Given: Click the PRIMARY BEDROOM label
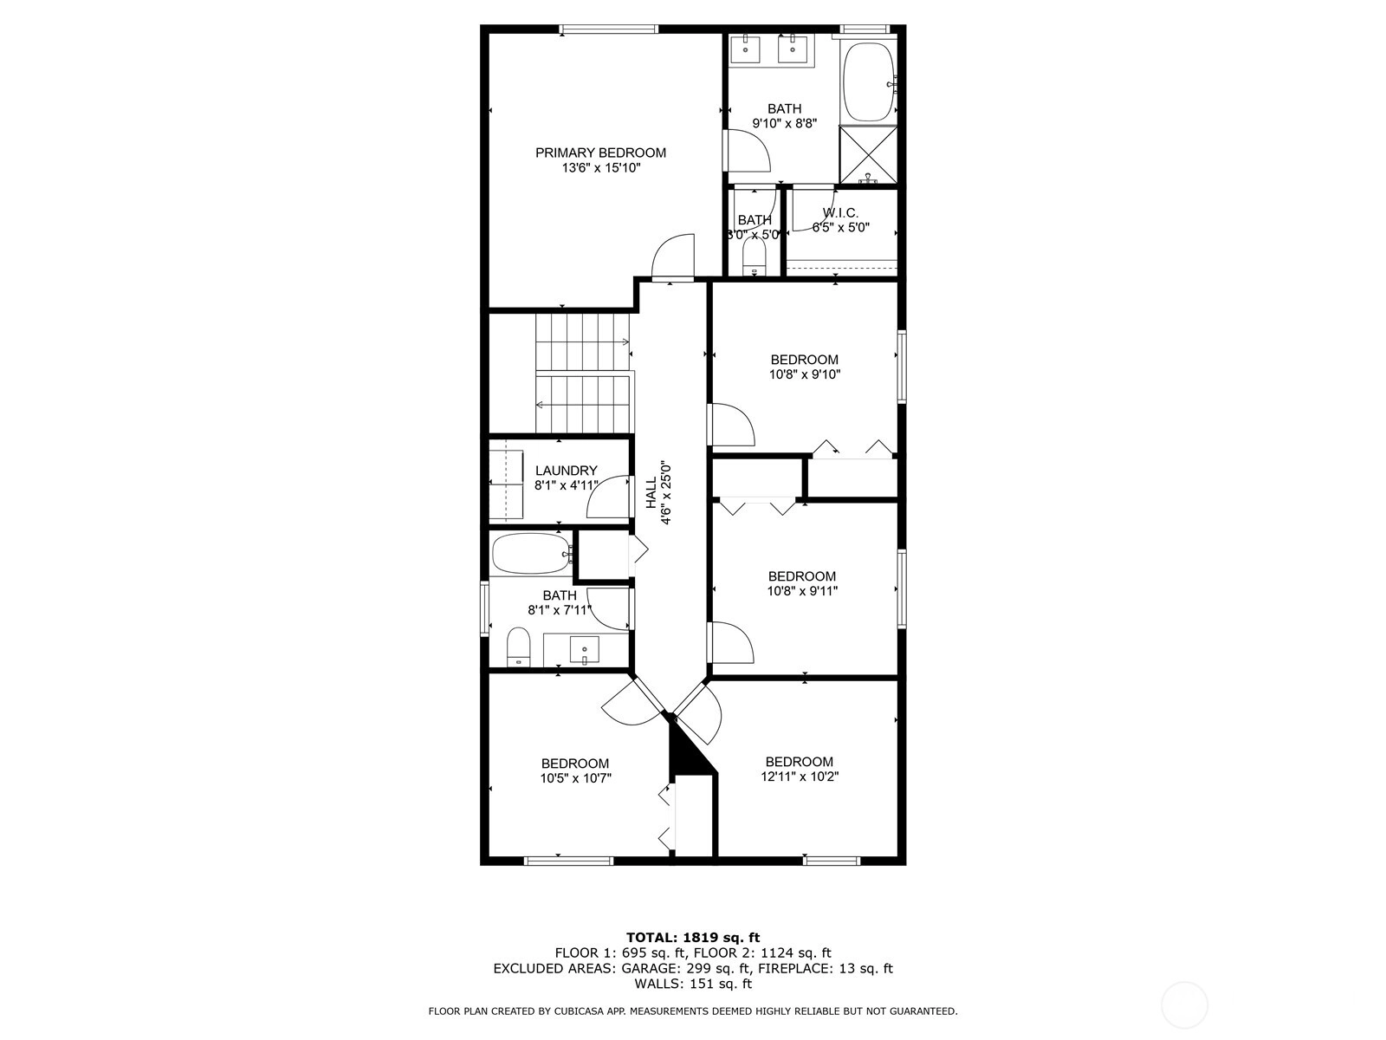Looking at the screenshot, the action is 600,153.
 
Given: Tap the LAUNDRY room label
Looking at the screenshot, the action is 566,471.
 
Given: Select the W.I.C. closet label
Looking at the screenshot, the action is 840,213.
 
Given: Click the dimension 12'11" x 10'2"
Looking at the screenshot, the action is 800,777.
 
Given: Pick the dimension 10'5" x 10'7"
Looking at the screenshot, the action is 575,778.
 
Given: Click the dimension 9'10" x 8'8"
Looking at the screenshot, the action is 784,124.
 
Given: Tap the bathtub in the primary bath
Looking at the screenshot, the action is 870,82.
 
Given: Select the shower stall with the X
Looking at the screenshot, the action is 868,155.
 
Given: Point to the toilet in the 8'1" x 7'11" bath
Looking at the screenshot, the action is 518,646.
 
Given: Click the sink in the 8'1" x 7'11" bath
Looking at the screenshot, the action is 584,650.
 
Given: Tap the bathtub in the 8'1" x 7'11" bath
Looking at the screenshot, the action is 532,553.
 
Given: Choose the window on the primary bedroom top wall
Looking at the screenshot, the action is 609,29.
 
